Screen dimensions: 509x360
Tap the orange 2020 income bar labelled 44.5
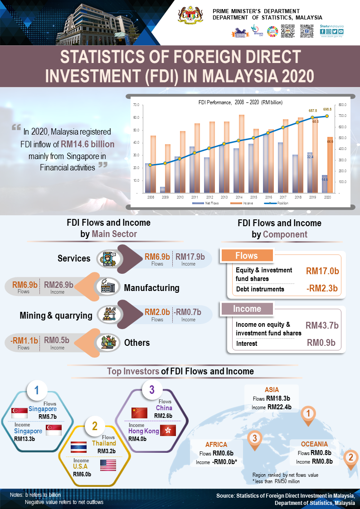[x=330, y=165]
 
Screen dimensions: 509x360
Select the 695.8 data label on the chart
[x=327, y=109]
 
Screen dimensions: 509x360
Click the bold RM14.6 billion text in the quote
[x=88, y=144]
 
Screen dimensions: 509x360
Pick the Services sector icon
[x=107, y=258]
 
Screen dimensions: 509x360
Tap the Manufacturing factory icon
[x=107, y=287]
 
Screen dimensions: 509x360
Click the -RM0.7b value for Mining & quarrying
[x=188, y=312]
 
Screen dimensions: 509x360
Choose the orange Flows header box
[x=246, y=256]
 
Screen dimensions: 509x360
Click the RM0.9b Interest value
[x=321, y=343]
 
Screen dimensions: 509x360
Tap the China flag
[x=139, y=412]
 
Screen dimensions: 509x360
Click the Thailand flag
[x=79, y=447]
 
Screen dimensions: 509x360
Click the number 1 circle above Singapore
[x=37, y=391]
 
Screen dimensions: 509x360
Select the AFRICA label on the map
[x=216, y=445]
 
